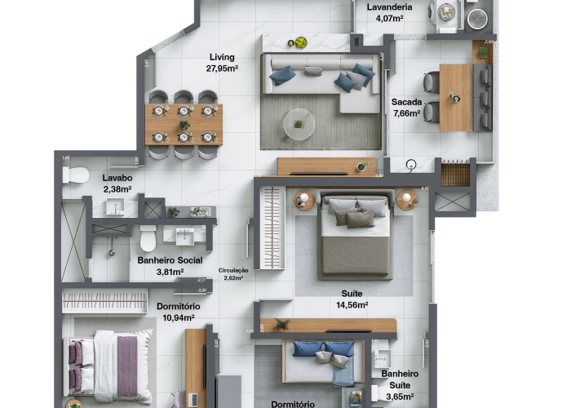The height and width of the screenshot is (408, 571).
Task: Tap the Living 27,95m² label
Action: coord(222,63)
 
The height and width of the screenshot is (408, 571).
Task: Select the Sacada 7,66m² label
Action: coord(405,108)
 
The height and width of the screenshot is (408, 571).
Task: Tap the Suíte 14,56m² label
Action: coord(352,298)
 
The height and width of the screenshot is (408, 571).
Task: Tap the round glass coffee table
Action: coord(299,124)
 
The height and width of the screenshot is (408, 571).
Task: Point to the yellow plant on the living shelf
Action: coord(300,42)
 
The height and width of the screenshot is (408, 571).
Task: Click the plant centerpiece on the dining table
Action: coord(184,125)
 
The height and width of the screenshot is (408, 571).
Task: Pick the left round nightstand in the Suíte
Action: coord(304,200)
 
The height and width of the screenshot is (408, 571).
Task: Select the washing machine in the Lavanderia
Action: coord(446,12)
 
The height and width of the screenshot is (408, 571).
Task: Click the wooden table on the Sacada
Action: coord(455,97)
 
